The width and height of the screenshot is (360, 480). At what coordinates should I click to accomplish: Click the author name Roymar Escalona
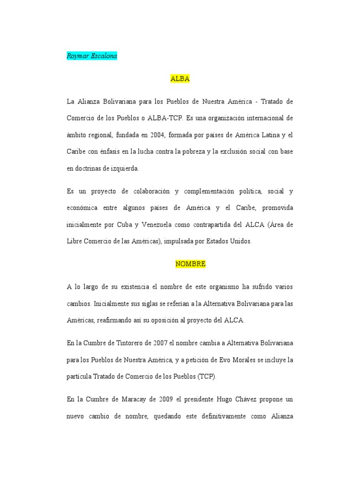[92, 56]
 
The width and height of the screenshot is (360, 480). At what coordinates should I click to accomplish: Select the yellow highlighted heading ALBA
[180, 79]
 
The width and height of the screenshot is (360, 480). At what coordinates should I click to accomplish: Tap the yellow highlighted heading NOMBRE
[190, 264]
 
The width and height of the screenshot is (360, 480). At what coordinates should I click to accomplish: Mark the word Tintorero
[131, 343]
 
